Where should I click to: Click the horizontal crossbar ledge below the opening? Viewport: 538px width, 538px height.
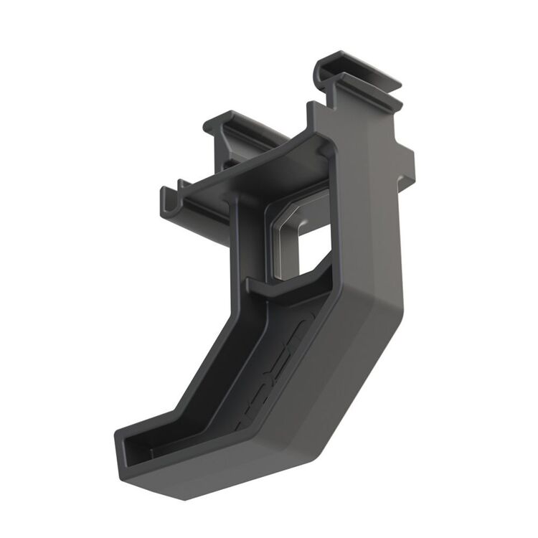point(287,287)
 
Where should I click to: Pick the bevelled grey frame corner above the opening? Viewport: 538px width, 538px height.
point(287,208)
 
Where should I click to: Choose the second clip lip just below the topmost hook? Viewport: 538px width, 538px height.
point(366,90)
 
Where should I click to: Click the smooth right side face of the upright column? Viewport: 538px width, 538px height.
point(377,215)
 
